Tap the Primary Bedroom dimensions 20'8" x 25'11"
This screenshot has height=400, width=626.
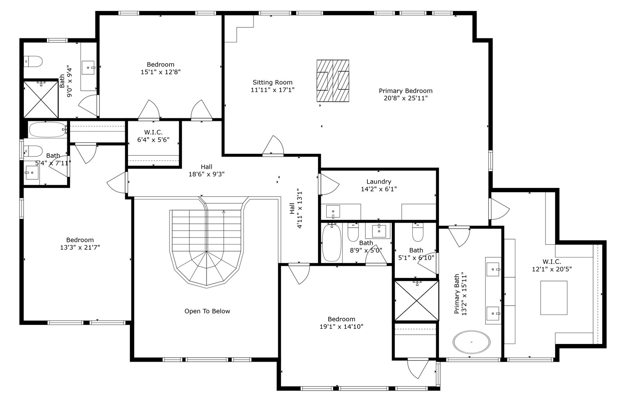pyautogui.click(x=405, y=98)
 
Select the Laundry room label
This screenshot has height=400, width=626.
pyautogui.click(x=379, y=182)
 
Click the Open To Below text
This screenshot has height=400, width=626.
pyautogui.click(x=207, y=311)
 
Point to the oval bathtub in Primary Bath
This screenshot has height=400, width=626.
pyautogui.click(x=471, y=342)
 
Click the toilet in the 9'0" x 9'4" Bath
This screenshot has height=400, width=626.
pyautogui.click(x=33, y=61)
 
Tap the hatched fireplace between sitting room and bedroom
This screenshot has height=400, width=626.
pyautogui.click(x=333, y=81)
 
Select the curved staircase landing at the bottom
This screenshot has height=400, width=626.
pyautogui.click(x=207, y=269)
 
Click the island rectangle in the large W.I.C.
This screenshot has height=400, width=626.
pyautogui.click(x=554, y=298)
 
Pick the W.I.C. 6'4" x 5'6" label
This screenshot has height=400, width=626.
pyautogui.click(x=153, y=136)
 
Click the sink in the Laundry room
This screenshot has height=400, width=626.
pyautogui.click(x=333, y=212)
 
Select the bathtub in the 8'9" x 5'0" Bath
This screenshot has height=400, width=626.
pyautogui.click(x=331, y=243)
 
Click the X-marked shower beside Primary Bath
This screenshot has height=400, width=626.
pyautogui.click(x=416, y=301)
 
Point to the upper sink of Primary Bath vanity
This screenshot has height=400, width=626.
pyautogui.click(x=493, y=269)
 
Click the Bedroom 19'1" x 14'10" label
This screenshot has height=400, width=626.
pyautogui.click(x=341, y=323)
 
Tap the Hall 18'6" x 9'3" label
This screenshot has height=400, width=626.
pyautogui.click(x=207, y=171)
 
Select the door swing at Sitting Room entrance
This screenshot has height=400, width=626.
pyautogui.click(x=273, y=145)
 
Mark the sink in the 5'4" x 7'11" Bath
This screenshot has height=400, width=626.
pyautogui.click(x=32, y=173)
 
